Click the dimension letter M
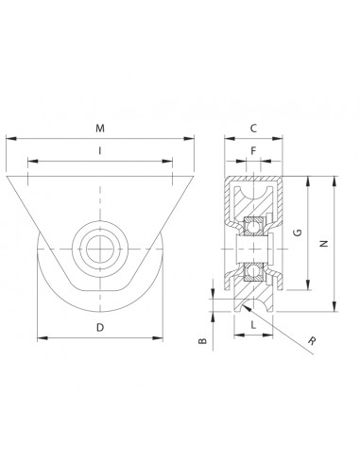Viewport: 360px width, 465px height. pyautogui.click(x=100, y=129)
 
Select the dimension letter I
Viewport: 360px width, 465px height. pyautogui.click(x=100, y=151)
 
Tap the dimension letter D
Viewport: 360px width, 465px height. pyautogui.click(x=100, y=328)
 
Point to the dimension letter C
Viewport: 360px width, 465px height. pyautogui.click(x=253, y=129)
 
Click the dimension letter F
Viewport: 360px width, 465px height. pyautogui.click(x=253, y=151)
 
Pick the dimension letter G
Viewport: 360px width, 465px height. pyautogui.click(x=298, y=232)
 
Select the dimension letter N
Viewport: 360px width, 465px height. pyautogui.click(x=324, y=243)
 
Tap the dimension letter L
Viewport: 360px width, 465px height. pyautogui.click(x=253, y=324)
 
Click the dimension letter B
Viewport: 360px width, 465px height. pyautogui.click(x=203, y=341)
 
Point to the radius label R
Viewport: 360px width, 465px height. pyautogui.click(x=312, y=340)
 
